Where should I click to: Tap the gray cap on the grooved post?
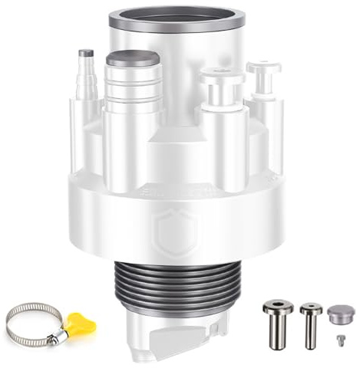pos(133,59)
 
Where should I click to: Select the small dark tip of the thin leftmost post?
pos(86,54)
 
